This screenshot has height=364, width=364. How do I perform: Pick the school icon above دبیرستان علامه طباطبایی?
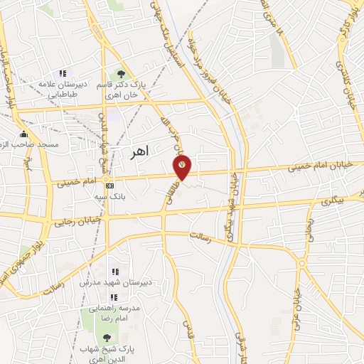tap(63, 73)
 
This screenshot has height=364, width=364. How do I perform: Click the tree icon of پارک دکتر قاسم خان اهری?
tap(121, 73)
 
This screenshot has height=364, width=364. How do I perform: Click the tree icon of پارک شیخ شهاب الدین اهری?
tap(107, 338)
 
